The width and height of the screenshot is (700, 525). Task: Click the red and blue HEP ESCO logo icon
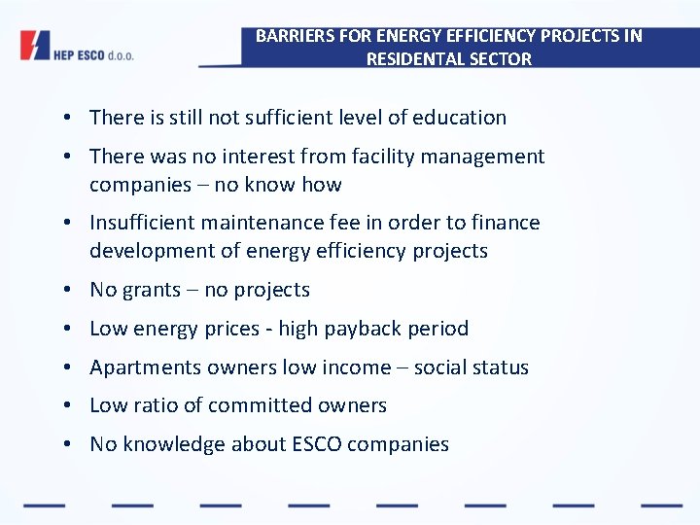click(x=35, y=47)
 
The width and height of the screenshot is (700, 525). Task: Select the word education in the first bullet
click(x=459, y=118)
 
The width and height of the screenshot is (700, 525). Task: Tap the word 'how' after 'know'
click(x=322, y=185)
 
